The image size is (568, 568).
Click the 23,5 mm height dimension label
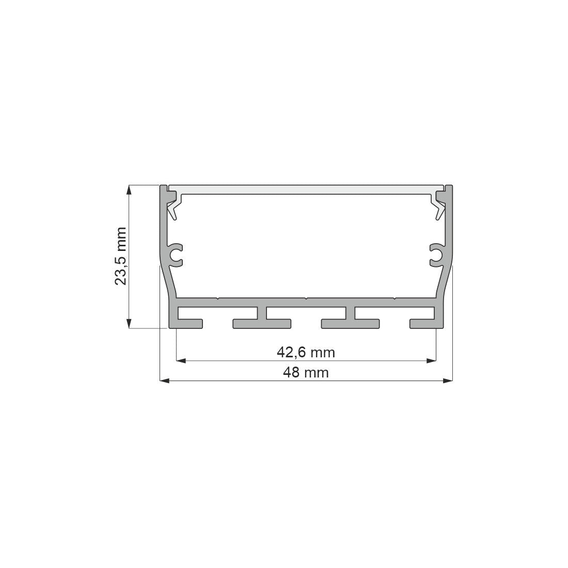click(x=120, y=256)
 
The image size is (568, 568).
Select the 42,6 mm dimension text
click(x=306, y=353)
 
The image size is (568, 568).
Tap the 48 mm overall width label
click(x=306, y=372)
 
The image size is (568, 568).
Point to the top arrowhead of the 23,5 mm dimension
click(x=129, y=190)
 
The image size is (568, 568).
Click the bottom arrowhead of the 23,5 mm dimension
click(x=129, y=323)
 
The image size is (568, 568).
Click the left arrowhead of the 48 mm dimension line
click(x=164, y=381)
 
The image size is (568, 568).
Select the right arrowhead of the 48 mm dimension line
click(x=448, y=381)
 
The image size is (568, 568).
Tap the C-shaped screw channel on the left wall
click(x=177, y=255)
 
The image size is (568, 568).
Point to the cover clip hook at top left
click(x=172, y=204)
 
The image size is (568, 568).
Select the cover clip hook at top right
click(x=440, y=204)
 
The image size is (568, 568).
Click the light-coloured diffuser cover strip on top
click(x=306, y=188)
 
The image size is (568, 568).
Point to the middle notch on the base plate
click(x=306, y=298)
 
